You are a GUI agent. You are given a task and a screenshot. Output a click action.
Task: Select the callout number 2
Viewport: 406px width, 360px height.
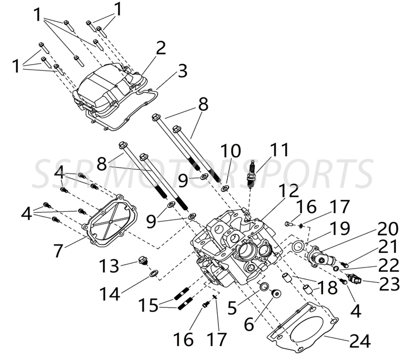(x=160, y=48)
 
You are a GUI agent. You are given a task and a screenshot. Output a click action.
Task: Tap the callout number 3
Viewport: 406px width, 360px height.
(x=182, y=71)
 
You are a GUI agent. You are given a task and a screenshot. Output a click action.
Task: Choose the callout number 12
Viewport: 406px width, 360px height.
(x=288, y=191)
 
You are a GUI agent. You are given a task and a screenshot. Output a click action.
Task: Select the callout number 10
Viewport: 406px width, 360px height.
(x=231, y=151)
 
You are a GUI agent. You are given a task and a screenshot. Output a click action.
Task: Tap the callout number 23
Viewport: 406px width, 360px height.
(x=389, y=284)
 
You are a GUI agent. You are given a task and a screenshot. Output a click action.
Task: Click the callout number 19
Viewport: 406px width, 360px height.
(x=339, y=228)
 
